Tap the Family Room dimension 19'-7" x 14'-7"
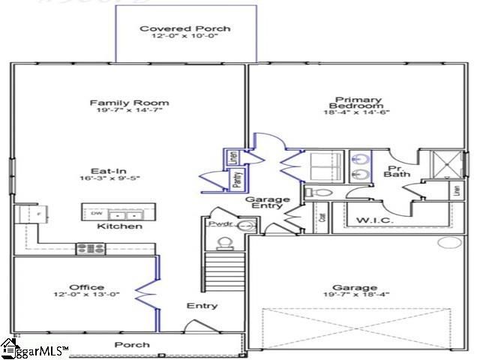click(x=130, y=110)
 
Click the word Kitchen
click(x=120, y=226)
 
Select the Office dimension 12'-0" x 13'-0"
click(x=86, y=295)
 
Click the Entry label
click(x=202, y=306)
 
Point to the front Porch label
click(x=131, y=345)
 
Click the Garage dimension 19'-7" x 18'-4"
click(x=355, y=295)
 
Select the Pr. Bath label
click(x=396, y=171)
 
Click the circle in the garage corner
click(x=450, y=243)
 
